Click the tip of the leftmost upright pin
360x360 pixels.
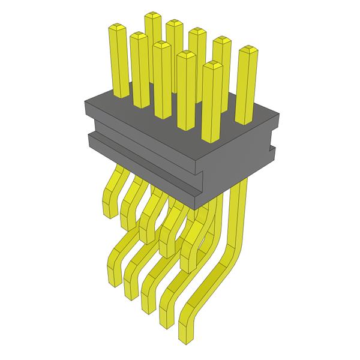(x=116, y=28)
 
